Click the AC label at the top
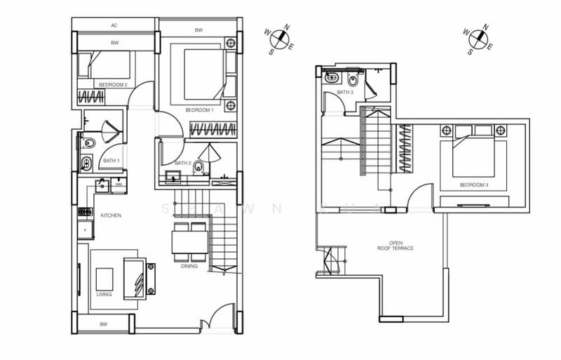click(x=114, y=25)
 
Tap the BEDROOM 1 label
click(x=199, y=110)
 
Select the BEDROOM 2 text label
click(x=113, y=84)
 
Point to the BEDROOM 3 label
click(x=473, y=185)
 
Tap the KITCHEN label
click(x=111, y=215)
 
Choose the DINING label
click(x=189, y=266)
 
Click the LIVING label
click(x=104, y=294)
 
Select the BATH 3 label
click(x=344, y=92)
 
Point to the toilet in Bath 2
click(x=198, y=168)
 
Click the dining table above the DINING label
click(x=189, y=242)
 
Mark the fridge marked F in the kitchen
click(x=86, y=229)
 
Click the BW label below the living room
click(x=103, y=324)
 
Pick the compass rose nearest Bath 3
click(x=476, y=38)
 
